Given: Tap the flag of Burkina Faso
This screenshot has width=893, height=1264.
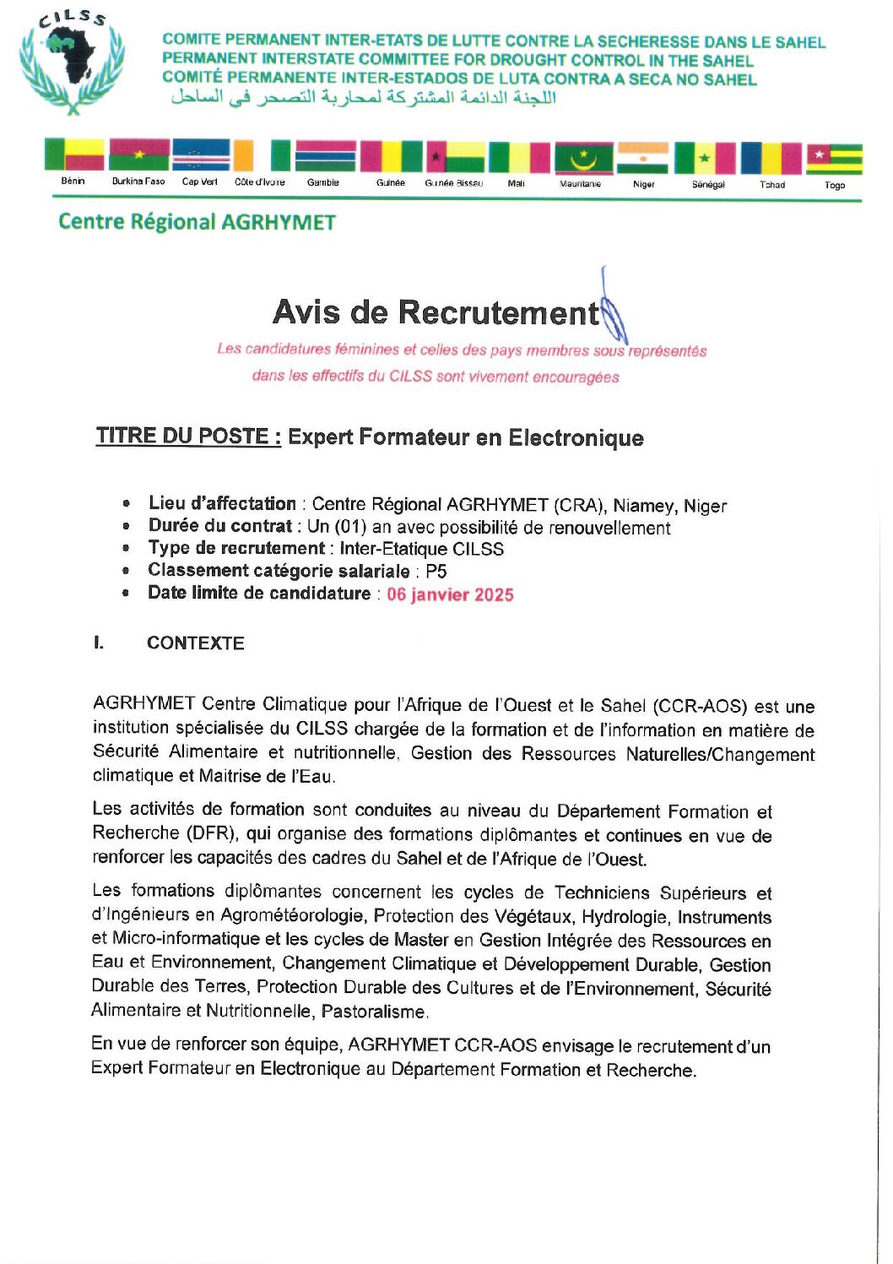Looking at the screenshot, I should (139, 155).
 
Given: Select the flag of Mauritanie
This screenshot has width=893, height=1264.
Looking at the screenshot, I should (583, 158).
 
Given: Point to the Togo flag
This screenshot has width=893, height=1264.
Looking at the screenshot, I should (834, 159).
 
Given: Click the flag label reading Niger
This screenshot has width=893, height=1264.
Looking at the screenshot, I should (643, 184).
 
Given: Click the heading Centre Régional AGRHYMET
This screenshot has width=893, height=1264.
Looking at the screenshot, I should (197, 222).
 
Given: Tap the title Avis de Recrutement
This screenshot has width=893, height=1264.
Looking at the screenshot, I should (436, 312).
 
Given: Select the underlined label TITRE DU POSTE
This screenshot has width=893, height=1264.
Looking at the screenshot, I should (188, 436).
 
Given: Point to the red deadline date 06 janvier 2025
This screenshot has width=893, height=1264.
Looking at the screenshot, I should (450, 594).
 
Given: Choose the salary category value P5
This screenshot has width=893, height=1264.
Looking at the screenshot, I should (436, 572).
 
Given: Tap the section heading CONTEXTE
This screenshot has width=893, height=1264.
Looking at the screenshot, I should (195, 643).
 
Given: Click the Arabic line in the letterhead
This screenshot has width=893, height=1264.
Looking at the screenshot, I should (364, 98).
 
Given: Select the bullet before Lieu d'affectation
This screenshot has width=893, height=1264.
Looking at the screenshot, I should (127, 504).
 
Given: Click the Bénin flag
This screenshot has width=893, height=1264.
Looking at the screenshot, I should (73, 155).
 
